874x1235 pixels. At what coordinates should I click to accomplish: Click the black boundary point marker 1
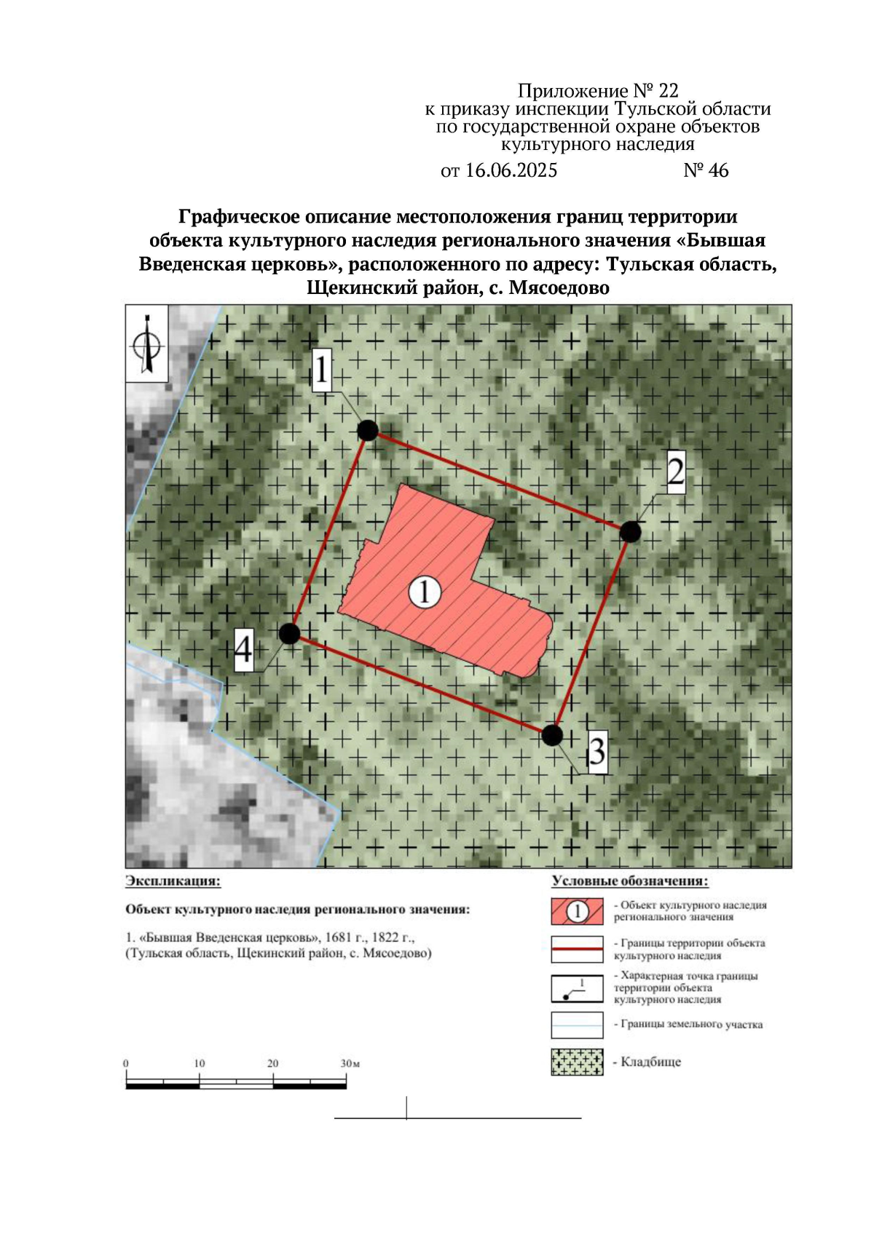pos(368,430)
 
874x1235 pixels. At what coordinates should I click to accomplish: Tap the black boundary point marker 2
pos(630,531)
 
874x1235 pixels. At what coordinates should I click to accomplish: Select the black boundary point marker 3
pos(552,735)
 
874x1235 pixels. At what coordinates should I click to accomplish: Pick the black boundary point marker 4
pos(289,633)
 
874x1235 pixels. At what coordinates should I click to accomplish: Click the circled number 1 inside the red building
pos(425,592)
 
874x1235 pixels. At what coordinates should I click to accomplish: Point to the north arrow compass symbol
pos(148,344)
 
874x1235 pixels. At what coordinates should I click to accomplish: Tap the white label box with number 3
pos(597,751)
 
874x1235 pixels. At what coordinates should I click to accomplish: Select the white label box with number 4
pos(243,649)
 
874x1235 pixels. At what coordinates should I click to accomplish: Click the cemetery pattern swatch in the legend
pos(577,1062)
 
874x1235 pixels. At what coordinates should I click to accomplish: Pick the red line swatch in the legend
pos(577,949)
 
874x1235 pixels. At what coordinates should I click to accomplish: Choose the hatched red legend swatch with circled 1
pos(577,911)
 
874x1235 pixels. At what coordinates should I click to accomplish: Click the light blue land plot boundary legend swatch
pos(577,1025)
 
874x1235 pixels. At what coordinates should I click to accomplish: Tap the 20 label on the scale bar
pos(272,1063)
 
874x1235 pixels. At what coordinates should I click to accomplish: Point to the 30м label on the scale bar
pos(350,1063)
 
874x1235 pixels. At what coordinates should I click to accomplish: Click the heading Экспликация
pos(173,881)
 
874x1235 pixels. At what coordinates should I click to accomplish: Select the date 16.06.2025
pos(511,171)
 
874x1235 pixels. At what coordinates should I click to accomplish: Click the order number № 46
pos(706,171)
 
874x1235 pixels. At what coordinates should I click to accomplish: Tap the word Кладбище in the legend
pos(650,1062)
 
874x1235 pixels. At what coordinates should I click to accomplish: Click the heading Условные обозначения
pos(629,881)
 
